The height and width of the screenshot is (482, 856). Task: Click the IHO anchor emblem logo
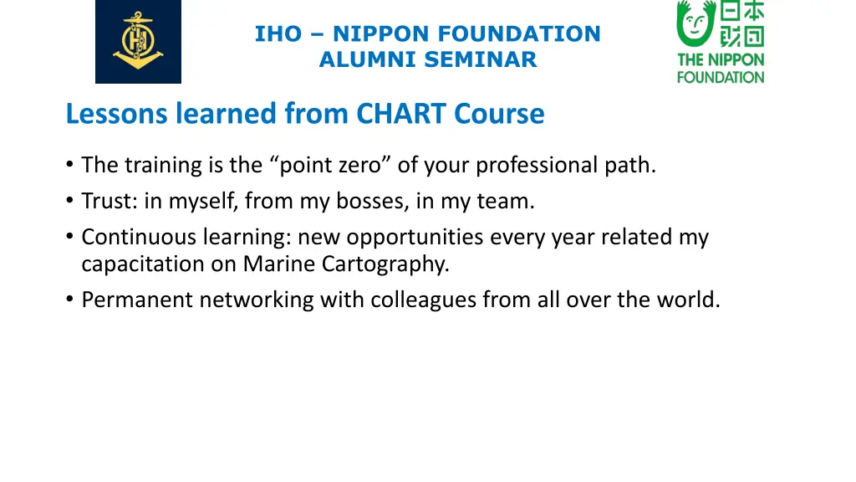tap(138, 41)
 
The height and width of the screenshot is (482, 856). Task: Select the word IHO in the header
tap(278, 34)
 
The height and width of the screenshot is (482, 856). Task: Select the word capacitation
tap(133, 264)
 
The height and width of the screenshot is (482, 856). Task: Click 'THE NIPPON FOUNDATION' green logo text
tap(721, 69)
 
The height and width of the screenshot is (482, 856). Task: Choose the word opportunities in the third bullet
tap(415, 238)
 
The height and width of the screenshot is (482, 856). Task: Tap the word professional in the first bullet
tap(537, 166)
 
